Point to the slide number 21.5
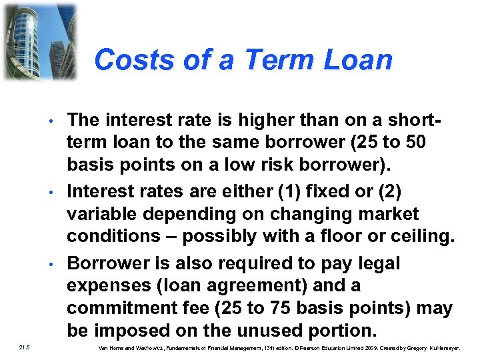tap(24, 347)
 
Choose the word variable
tap(103, 214)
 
